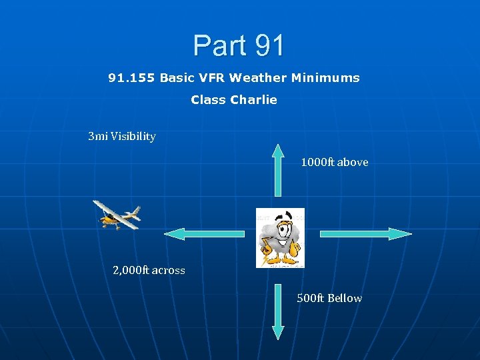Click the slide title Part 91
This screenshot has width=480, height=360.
coord(239,45)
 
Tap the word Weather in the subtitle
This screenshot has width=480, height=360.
coord(259,78)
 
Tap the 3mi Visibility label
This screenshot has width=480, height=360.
coord(122,137)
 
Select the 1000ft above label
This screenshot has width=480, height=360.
coord(334,162)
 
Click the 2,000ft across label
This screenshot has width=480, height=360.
coord(149,270)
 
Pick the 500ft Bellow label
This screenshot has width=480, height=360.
coord(329,298)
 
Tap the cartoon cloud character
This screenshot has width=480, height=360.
coord(281,238)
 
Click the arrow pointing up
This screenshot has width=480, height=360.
coord(278,173)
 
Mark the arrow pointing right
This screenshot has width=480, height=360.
coord(366,233)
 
